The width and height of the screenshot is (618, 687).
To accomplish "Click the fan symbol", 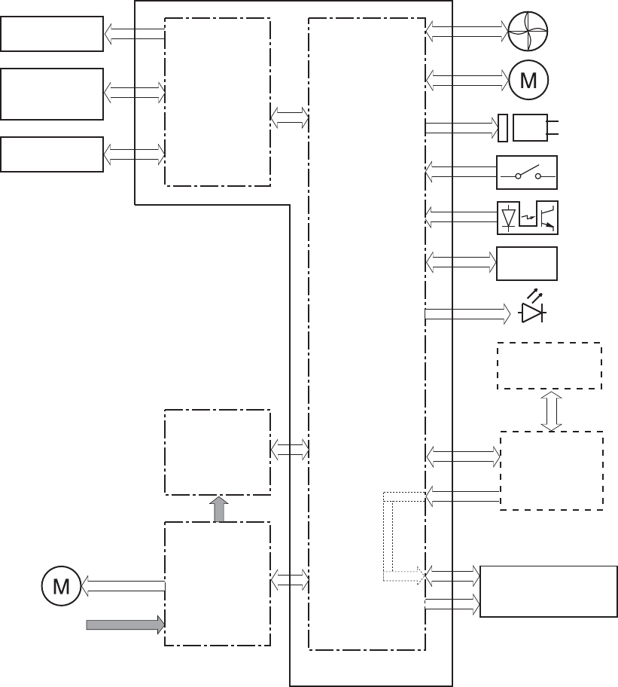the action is [x=528, y=31].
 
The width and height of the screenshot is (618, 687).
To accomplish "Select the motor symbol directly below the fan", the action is [x=528, y=80].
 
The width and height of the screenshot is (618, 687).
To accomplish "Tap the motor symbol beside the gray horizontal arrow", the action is [x=61, y=585].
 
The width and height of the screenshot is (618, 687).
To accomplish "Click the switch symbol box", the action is [x=527, y=173].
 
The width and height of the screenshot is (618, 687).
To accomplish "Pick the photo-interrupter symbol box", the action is [x=527, y=217].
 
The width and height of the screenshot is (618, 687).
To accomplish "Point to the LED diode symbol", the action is [x=533, y=312].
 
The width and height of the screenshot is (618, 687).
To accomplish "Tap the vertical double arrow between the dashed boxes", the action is [x=552, y=411].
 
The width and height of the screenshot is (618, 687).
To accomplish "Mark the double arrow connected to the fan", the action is [x=467, y=31].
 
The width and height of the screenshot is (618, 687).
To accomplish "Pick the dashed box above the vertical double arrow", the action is [x=549, y=366].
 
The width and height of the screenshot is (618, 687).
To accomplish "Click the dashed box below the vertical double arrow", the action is [x=552, y=471].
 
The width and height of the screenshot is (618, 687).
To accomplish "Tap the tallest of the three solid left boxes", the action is [x=52, y=94].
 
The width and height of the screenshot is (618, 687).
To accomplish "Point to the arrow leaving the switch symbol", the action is [x=461, y=173].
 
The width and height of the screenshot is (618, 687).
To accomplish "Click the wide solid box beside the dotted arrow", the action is [x=549, y=591].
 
